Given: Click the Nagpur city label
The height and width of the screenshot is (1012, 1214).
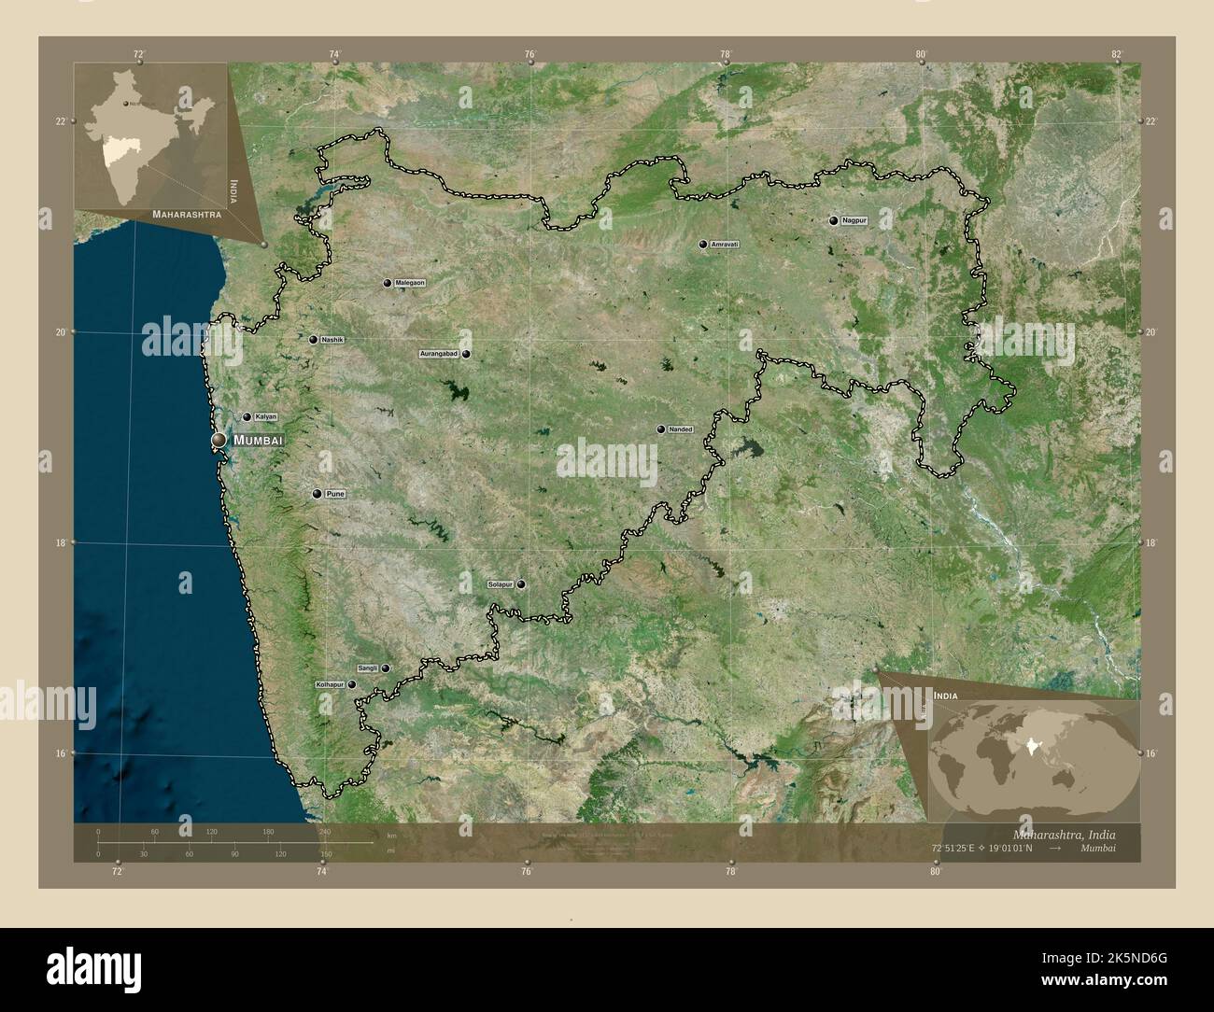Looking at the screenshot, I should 854,221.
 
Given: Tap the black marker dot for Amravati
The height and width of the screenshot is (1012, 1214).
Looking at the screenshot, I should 702,245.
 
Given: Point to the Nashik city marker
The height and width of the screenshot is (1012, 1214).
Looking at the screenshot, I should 314,340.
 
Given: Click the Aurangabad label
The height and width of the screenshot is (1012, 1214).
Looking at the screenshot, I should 439,355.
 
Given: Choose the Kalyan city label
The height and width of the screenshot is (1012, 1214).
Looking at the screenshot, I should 265,417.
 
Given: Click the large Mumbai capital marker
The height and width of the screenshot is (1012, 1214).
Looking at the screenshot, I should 219,440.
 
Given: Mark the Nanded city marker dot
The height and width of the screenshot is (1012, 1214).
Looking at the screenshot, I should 661,429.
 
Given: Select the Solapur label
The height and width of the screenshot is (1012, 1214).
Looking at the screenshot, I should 501,584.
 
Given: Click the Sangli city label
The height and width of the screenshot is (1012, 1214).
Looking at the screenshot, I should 367,668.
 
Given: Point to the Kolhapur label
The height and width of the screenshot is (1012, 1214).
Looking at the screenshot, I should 331,684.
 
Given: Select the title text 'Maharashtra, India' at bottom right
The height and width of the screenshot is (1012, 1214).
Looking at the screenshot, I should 1063,833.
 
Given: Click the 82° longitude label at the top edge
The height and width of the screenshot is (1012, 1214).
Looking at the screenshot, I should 1116,54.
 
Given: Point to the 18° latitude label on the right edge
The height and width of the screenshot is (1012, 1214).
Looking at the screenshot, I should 1150,542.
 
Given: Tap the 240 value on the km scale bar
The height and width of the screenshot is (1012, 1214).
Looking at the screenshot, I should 325,832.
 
